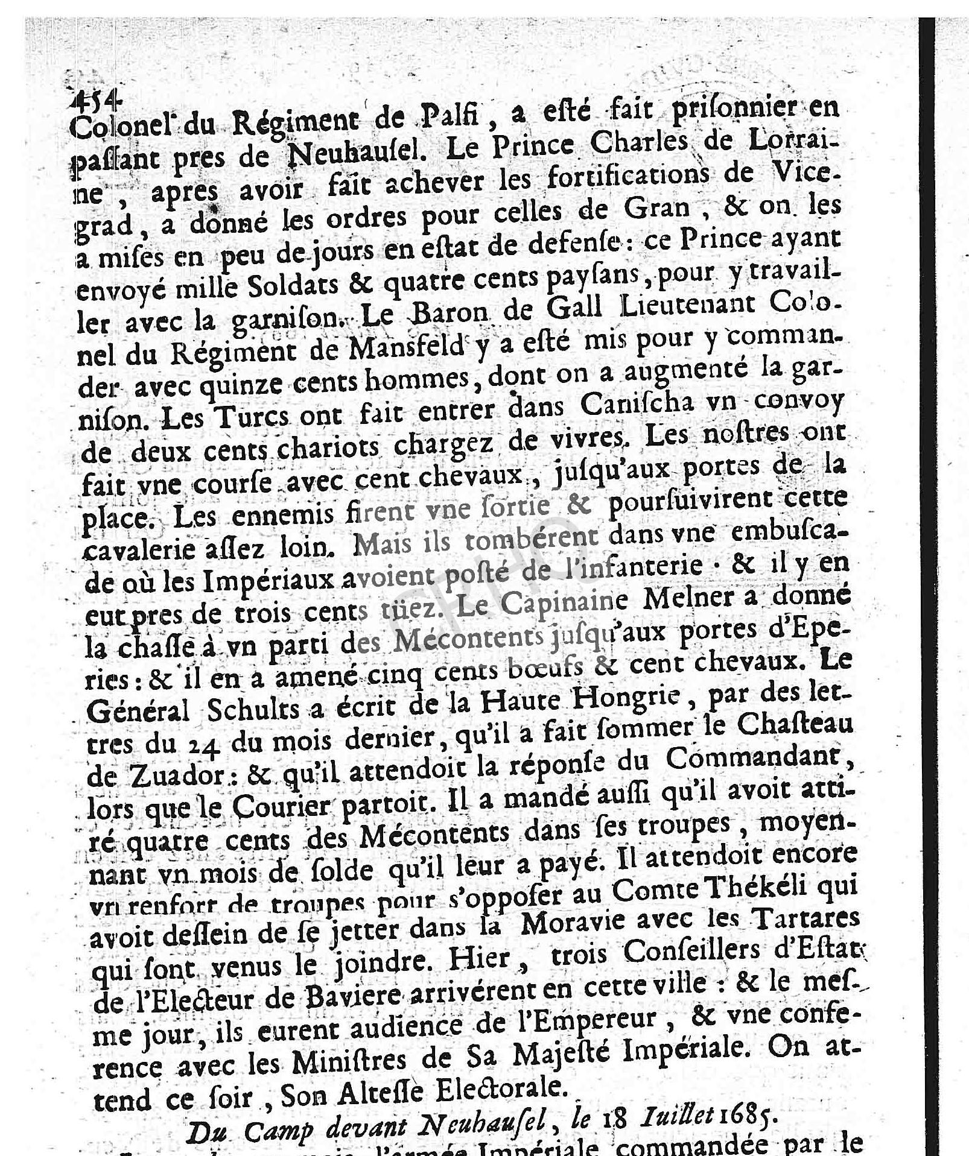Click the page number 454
(97, 98)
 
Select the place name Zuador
(156, 777)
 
